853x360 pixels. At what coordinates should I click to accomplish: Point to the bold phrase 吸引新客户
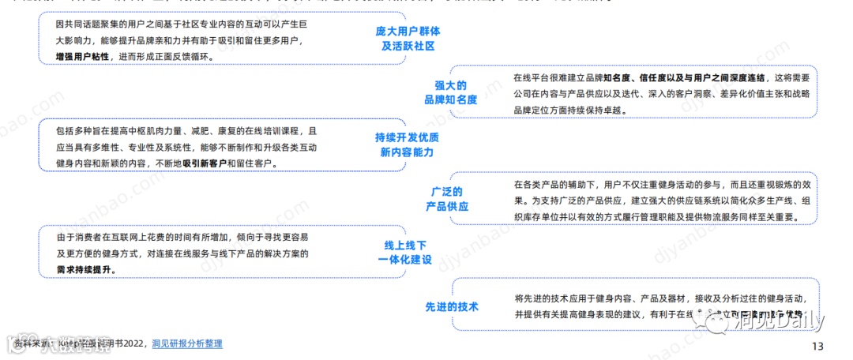[x=205, y=163]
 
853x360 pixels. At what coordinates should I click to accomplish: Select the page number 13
[x=817, y=346]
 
